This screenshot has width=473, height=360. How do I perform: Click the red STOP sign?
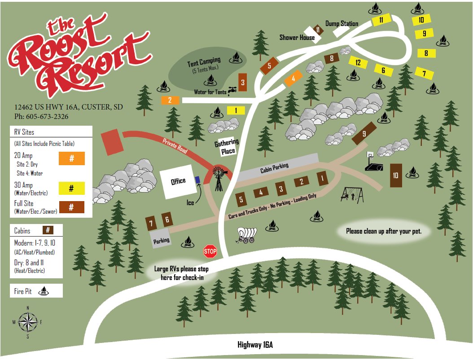click(x=210, y=251)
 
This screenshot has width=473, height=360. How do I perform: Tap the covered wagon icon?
click(x=246, y=235)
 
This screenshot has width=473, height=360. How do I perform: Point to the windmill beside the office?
click(x=219, y=178)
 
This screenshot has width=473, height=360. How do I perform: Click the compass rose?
click(x=28, y=321)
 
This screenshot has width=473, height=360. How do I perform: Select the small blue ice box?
click(x=197, y=180)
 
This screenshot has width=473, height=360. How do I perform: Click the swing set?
click(x=352, y=194)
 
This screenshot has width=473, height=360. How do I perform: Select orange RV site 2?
click(x=170, y=100)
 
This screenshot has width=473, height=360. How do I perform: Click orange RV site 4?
click(x=293, y=78)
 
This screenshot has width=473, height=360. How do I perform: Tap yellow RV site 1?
click(x=236, y=110)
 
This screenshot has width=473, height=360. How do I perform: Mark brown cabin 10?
click(x=395, y=175)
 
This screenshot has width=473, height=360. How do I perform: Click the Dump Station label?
click(x=342, y=24)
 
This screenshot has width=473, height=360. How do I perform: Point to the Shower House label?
click(x=297, y=38)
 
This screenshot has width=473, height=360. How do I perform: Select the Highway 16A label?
click(x=255, y=345)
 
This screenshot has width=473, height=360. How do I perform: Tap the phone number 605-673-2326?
click(x=41, y=117)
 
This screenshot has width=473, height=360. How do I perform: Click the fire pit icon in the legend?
click(x=44, y=291)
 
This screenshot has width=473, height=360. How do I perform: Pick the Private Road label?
click(x=175, y=145)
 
